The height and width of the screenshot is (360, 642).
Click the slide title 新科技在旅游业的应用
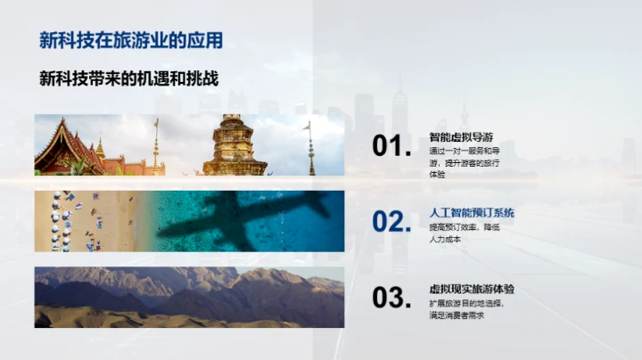point(131,41)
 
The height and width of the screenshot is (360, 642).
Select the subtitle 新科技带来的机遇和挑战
point(129,78)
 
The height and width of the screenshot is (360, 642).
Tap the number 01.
point(391,147)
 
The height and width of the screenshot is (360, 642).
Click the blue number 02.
point(391,222)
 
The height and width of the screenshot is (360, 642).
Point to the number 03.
point(391,299)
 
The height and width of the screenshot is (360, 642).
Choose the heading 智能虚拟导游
point(461,137)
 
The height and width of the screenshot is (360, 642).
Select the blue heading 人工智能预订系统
point(472,213)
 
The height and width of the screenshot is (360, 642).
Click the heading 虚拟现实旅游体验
point(472,290)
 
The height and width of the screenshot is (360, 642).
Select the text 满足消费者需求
point(456,316)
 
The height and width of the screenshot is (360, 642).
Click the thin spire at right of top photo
point(310,147)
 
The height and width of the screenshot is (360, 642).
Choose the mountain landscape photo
point(189,297)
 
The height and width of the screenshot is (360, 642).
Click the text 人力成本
point(445,240)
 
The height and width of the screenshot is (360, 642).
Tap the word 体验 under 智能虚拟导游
point(437,176)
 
